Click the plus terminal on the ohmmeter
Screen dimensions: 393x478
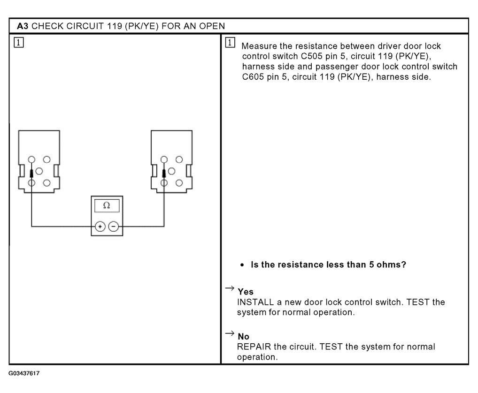100,227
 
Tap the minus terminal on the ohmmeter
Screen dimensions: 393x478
114,227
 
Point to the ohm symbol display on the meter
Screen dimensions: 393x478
107,205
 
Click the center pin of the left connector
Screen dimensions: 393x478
39,171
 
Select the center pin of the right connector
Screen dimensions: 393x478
172,171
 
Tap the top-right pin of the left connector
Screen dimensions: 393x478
47,159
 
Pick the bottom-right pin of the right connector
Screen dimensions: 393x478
179,182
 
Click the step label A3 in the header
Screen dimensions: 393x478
22,25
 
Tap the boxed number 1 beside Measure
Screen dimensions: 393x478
230,43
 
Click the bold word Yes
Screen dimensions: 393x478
245,292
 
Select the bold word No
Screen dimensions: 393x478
243,337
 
